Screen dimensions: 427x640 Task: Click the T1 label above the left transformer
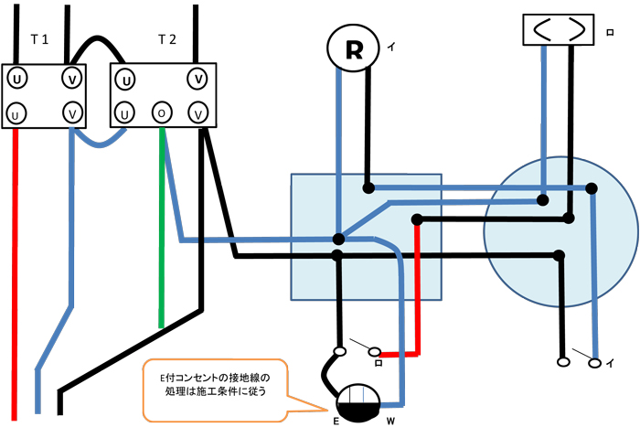pos(39,39)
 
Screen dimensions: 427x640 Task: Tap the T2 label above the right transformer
pos(166,39)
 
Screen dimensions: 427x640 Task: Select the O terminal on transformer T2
pos(162,113)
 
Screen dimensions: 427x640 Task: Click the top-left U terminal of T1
pos(16,80)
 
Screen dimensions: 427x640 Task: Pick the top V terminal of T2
pos(197,78)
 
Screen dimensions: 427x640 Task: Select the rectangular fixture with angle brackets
pos(557,29)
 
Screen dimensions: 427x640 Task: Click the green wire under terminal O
pos(162,229)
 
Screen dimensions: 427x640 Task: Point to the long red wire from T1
pos(16,274)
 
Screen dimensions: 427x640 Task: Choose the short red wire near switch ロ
pos(417,293)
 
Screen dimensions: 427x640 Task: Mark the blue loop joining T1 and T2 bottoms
pos(98,143)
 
